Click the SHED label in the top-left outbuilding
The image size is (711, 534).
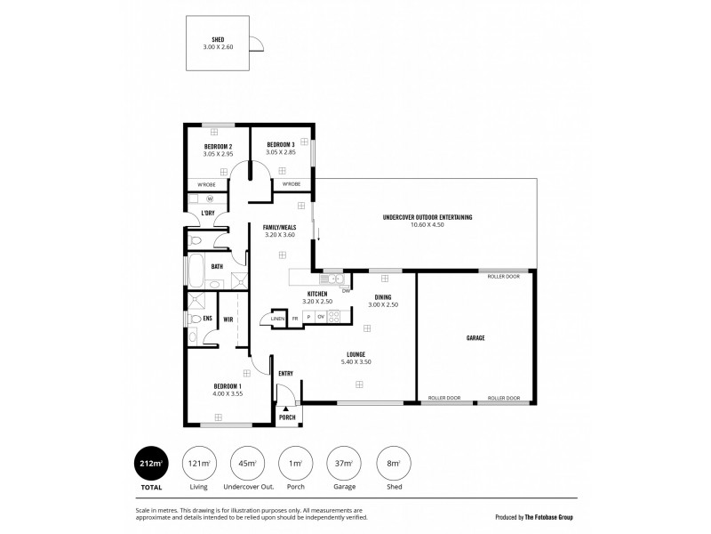218,40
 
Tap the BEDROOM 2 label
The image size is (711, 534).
218,146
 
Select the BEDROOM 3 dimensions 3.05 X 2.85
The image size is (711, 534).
281,153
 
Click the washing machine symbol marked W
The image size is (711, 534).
209,198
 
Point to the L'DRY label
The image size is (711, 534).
207,214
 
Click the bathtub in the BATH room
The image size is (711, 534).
194,267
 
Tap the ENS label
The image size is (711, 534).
207,318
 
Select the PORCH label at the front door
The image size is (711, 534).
287,417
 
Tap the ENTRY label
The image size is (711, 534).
286,373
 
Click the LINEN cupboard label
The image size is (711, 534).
278,318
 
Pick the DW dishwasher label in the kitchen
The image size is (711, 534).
346,290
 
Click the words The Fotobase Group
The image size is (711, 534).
547,515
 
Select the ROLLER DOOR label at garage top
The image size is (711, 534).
503,277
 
